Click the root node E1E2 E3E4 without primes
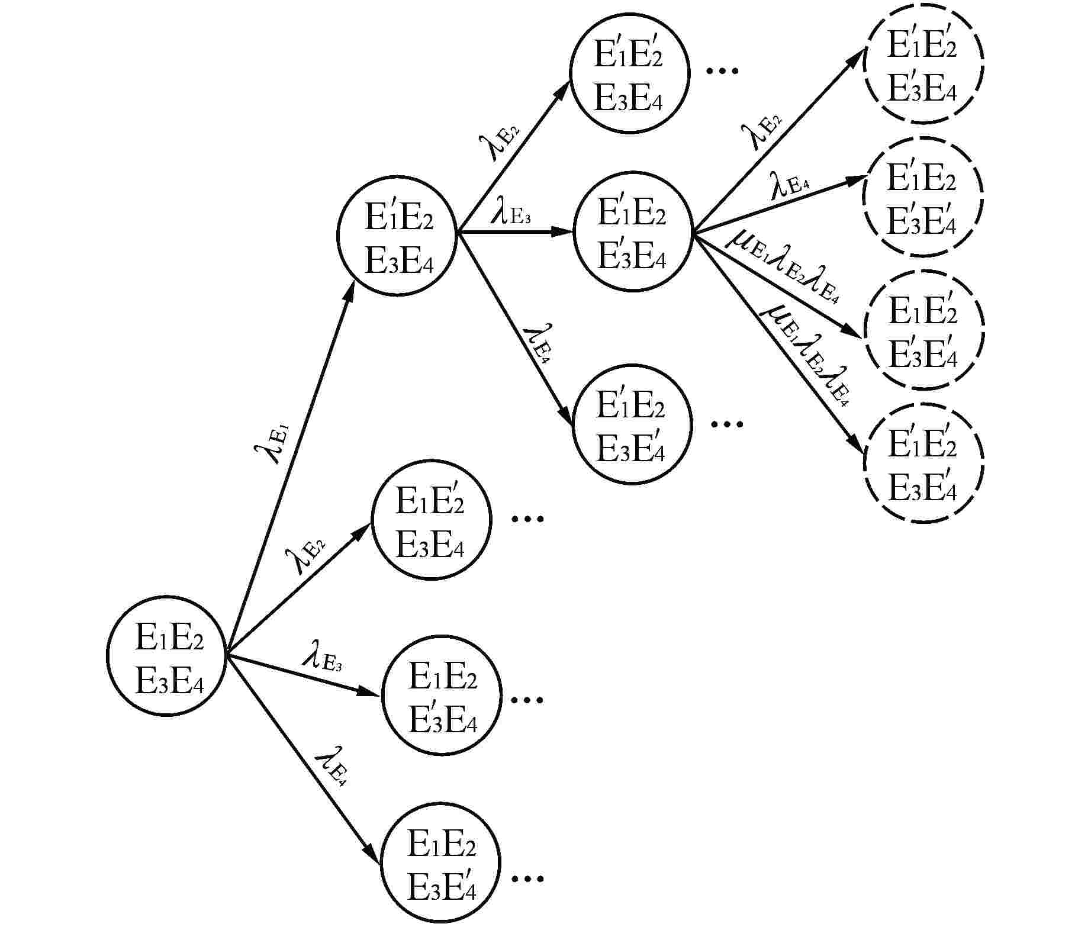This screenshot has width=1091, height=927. [x=166, y=656]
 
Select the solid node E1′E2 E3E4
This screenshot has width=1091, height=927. [x=397, y=235]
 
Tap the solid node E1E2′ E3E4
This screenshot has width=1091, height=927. [x=430, y=519]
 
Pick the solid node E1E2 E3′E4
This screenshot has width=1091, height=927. [x=442, y=695]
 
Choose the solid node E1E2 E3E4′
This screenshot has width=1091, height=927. [x=440, y=862]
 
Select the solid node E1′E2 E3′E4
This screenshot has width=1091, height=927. [x=632, y=231]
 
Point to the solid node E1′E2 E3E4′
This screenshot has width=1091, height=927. [x=632, y=424]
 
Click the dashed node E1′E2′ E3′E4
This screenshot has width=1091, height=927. [x=923, y=64]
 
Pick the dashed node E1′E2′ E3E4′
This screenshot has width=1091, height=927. [x=923, y=463]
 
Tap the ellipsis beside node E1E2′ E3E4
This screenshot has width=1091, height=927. [x=527, y=519]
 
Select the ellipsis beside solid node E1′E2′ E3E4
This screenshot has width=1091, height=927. [x=723, y=70]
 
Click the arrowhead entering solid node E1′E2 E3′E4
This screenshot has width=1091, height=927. [x=562, y=231]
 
